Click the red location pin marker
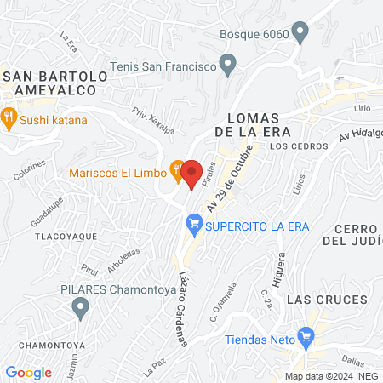pyautogui.click(x=192, y=173)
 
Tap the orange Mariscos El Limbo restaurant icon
pyautogui.click(x=176, y=169)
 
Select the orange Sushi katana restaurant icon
pyautogui.click(x=9, y=117)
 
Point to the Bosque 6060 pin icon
pyautogui.click(x=299, y=33)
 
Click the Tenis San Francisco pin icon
pyautogui.click(x=227, y=64)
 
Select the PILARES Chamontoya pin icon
pyautogui.click(x=81, y=307)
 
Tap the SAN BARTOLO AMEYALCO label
pyautogui.click(x=56, y=83)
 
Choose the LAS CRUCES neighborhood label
pyautogui.click(x=327, y=300)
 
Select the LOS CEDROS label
pyautogui.click(x=298, y=146)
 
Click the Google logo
pyautogui.click(x=29, y=372)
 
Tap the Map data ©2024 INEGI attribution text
pyautogui.click(x=331, y=375)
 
